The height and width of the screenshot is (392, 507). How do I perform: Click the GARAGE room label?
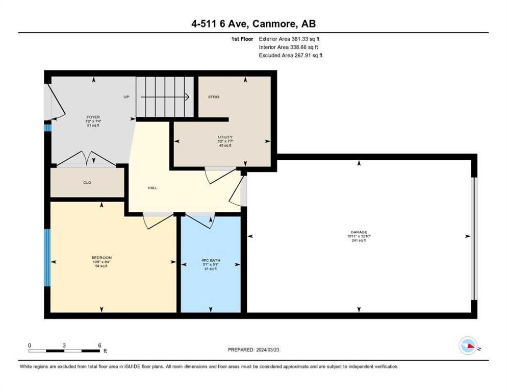[x=358, y=232]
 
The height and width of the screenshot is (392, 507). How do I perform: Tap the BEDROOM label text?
[x=102, y=257]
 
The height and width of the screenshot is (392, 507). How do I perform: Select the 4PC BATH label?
[x=210, y=260]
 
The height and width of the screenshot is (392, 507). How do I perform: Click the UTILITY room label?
[x=225, y=137]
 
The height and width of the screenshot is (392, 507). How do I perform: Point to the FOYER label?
[x=92, y=117]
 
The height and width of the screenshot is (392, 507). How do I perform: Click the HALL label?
[x=153, y=188]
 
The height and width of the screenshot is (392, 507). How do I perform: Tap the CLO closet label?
[x=87, y=182]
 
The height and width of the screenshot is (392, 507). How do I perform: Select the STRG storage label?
[x=213, y=96]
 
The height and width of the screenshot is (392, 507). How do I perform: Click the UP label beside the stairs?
[x=126, y=96]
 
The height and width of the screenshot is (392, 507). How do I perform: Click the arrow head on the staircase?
[x=187, y=96]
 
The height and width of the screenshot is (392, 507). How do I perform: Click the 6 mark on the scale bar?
[x=99, y=345]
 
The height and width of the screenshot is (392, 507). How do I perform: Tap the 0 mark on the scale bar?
[x=30, y=345]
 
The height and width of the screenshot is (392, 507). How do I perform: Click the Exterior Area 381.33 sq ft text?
[x=289, y=39]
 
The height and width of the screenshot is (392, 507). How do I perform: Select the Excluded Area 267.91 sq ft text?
[x=290, y=56]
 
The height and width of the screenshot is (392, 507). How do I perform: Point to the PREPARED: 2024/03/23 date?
[x=253, y=350]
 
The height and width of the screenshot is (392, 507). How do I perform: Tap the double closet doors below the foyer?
[x=87, y=160]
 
